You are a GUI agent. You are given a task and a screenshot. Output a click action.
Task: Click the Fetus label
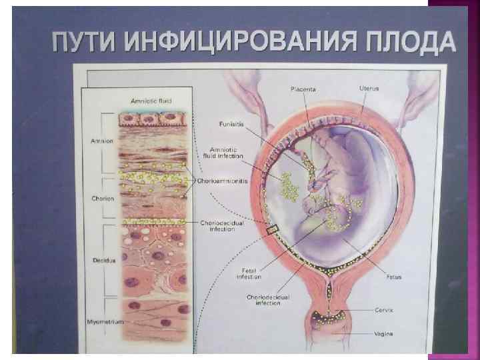point(393,275)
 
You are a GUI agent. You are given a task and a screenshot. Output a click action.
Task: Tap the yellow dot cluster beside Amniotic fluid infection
point(289,187)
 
